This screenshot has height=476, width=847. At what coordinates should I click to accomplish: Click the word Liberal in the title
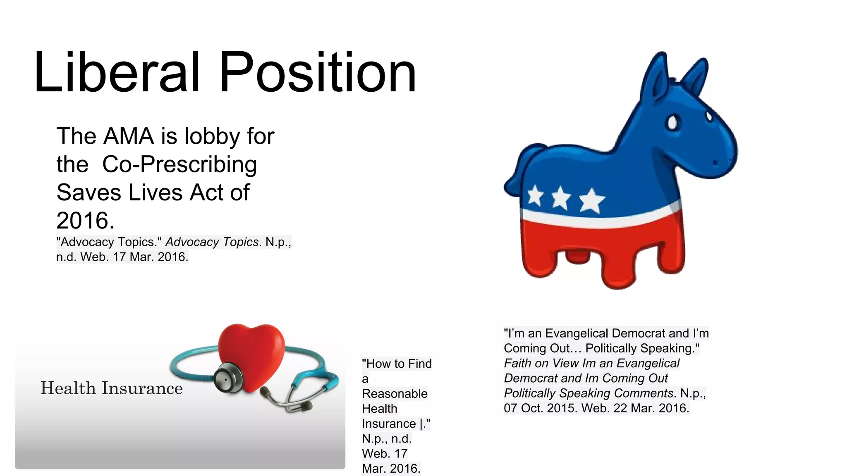(117, 73)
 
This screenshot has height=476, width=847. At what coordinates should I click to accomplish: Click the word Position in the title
(317, 73)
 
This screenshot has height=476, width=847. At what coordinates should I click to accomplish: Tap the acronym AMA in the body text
(129, 136)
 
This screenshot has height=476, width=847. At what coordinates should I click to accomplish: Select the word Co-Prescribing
(179, 164)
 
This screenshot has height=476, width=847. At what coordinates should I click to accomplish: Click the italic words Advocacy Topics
(212, 242)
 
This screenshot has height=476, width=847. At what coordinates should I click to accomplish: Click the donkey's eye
(672, 122)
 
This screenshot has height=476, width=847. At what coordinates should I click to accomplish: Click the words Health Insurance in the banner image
(112, 388)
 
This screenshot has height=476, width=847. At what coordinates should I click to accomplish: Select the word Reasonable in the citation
(395, 394)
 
